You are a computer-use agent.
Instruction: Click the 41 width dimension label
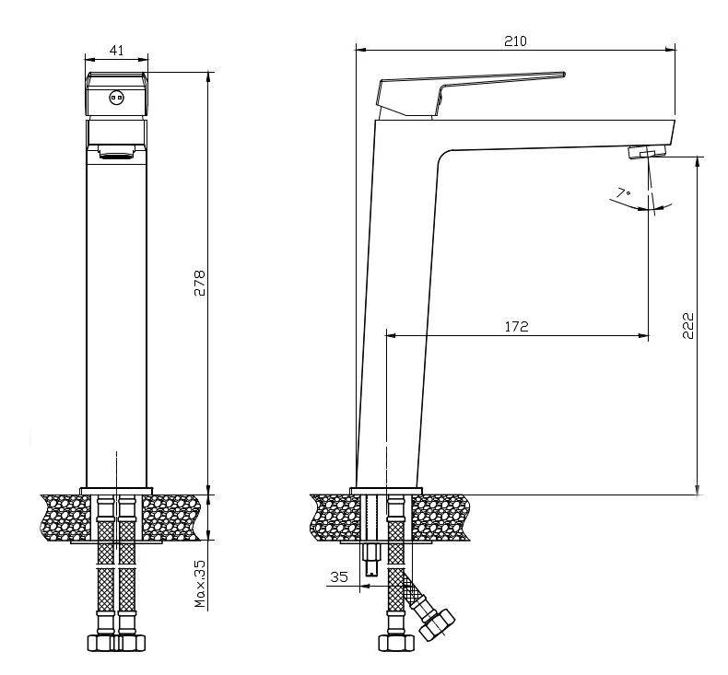coord(116,50)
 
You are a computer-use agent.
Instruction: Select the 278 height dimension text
coord(199,283)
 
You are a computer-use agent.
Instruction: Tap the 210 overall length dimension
coord(515,41)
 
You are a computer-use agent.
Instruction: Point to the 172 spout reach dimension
coord(516,327)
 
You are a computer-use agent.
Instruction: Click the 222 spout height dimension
coord(687,326)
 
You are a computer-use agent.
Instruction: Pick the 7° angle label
coord(624,192)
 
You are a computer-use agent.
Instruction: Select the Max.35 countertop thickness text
coord(200,584)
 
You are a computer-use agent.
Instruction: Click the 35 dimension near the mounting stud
coord(339,576)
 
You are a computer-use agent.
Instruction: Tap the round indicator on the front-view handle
coord(116,98)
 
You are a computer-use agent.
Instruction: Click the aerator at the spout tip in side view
coord(647,152)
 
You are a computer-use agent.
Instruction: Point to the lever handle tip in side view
coord(563,75)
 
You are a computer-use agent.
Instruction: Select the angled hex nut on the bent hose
coord(437,624)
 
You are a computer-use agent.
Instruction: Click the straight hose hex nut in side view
coord(396,643)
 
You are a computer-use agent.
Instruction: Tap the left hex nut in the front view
coord(101,643)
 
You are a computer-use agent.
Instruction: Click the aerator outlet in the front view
coord(116,152)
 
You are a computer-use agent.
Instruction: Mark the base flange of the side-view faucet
coord(386,491)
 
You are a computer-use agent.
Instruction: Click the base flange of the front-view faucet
coord(116,491)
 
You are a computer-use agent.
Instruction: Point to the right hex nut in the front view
coord(131,643)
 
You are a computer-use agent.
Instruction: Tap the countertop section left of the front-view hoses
coord(66,518)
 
